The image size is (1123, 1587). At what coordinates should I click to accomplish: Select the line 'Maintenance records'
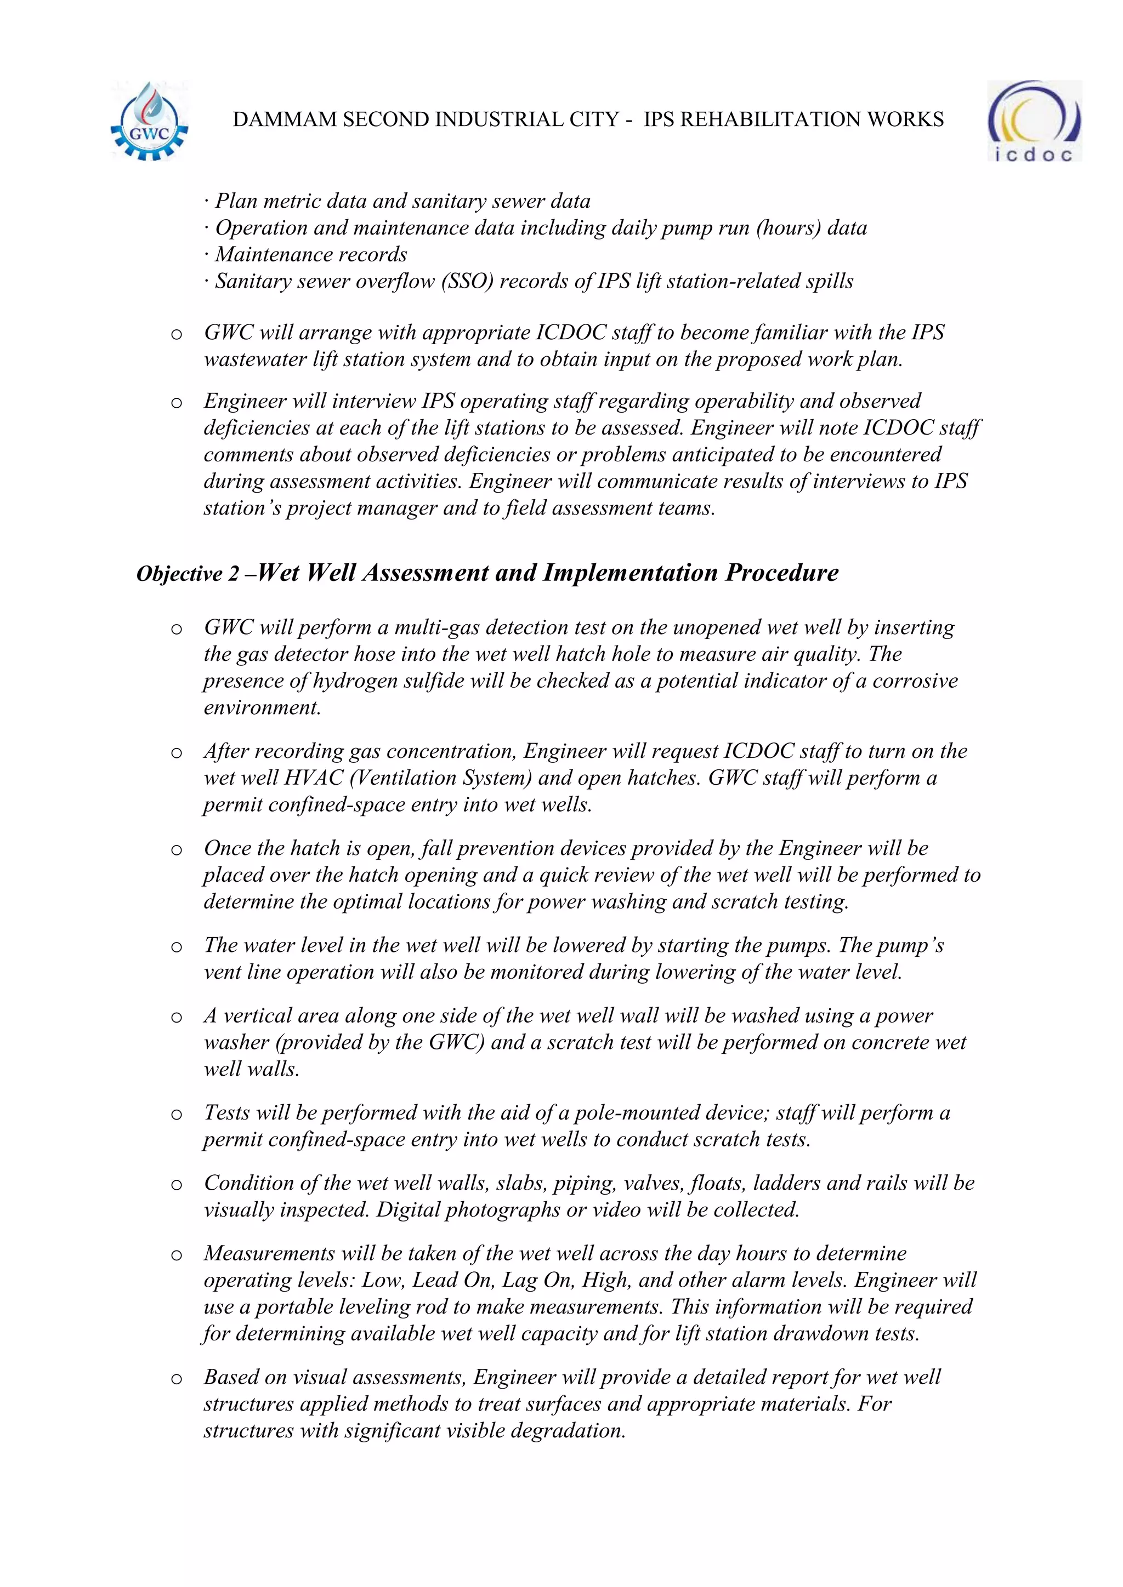pyautogui.click(x=310, y=254)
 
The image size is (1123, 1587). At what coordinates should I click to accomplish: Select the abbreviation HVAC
pyautogui.click(x=310, y=778)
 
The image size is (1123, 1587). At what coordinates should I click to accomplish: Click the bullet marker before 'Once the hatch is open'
pyautogui.click(x=177, y=850)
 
